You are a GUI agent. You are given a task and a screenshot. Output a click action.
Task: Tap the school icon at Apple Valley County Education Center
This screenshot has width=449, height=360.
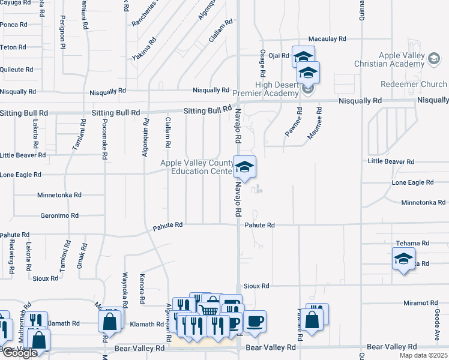coord(244,166)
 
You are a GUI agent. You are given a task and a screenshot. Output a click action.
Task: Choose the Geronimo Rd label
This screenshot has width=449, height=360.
coord(59,215)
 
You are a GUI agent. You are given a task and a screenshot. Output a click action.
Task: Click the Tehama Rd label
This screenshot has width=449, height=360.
coord(412,243)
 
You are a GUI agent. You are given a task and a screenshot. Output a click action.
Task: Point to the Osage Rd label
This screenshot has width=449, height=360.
coord(262,62)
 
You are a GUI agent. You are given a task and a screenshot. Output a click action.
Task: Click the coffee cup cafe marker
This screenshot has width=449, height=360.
coord(254,321)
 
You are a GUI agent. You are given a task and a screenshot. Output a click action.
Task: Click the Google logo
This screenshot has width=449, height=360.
coord(19,353)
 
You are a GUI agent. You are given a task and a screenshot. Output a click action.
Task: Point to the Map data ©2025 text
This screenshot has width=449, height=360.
coord(422,355)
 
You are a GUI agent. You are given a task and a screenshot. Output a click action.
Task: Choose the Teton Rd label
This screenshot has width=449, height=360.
coord(13,47)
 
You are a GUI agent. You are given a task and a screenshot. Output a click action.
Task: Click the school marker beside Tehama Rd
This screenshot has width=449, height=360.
coord(403,260)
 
